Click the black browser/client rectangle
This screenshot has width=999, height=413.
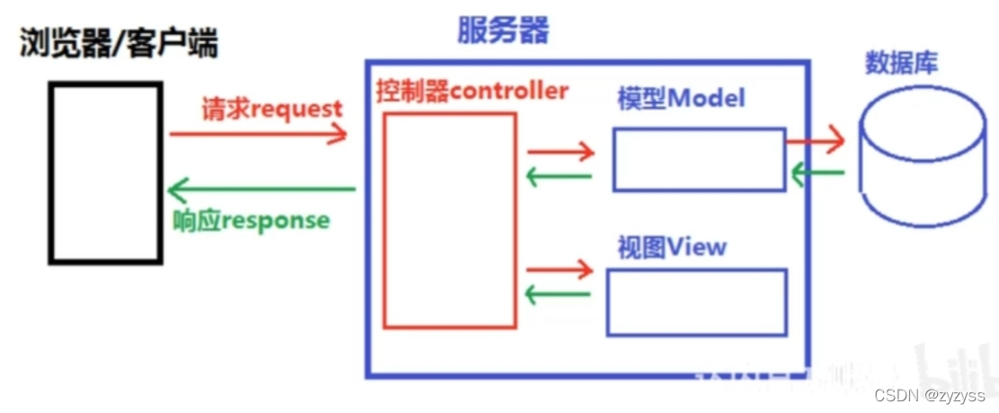[106, 172]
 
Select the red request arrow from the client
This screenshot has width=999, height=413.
[258, 134]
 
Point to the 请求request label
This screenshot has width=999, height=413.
[270, 110]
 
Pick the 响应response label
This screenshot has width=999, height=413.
[251, 220]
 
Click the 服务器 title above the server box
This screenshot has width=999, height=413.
[502, 31]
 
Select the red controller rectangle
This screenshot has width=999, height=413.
[450, 219]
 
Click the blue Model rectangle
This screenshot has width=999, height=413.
[699, 160]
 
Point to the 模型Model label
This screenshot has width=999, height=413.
[681, 98]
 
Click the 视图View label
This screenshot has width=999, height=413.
[671, 247]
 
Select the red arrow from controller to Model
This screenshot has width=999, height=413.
[561, 151]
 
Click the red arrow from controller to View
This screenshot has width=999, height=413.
[561, 268]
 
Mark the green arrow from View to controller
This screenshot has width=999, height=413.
[559, 294]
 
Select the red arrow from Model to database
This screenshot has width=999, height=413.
[815, 139]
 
